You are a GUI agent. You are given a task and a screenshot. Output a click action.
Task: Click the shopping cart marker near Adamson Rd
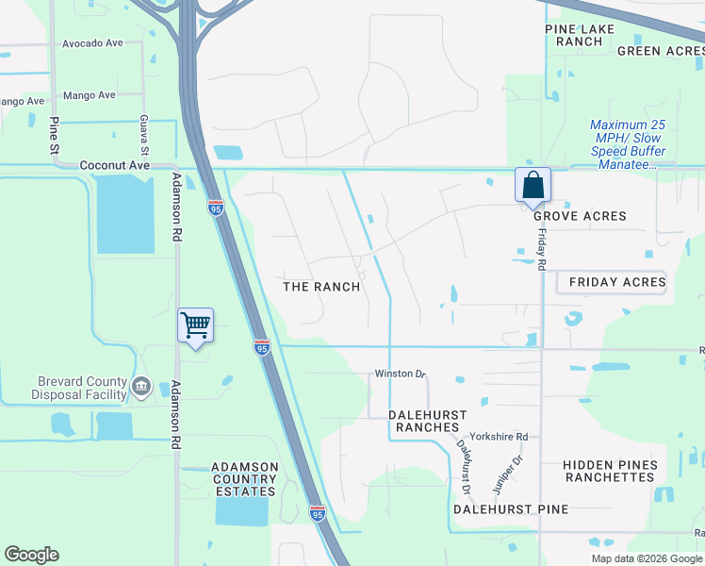pyautogui.click(x=196, y=325)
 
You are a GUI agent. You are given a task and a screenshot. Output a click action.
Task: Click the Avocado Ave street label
pyautogui.click(x=92, y=43)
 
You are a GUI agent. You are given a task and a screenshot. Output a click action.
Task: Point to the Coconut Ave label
pyautogui.click(x=115, y=164)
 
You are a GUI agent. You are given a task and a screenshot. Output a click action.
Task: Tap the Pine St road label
pyautogui.click(x=55, y=135)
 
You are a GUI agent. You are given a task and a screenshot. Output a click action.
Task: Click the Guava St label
pyautogui.click(x=145, y=137)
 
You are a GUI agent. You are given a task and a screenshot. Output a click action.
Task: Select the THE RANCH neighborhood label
pyautogui.click(x=322, y=286)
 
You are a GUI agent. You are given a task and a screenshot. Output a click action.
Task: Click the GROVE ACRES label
pyautogui.click(x=580, y=216)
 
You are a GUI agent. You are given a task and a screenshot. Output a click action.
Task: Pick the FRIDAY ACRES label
pyautogui.click(x=617, y=282)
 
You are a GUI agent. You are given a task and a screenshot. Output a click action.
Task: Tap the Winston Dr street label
pyautogui.click(x=394, y=374)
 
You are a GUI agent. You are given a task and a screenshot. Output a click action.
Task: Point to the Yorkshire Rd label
pyautogui.click(x=509, y=437)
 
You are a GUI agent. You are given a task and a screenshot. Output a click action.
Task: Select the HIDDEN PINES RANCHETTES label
pyautogui.click(x=608, y=471)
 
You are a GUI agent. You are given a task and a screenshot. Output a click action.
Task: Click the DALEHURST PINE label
pyautogui.click(x=511, y=509)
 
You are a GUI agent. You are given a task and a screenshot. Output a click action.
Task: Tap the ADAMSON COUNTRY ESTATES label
pyautogui.click(x=244, y=478)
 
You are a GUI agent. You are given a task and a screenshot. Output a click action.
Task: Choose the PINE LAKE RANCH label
pyautogui.click(x=580, y=35)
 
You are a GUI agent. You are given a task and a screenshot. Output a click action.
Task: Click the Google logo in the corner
pyautogui.click(x=31, y=555)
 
